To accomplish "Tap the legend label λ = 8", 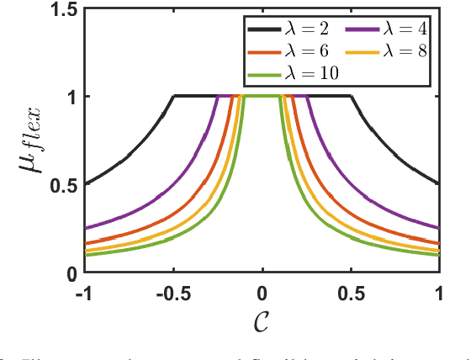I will (402, 51).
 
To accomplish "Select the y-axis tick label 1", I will (71, 97).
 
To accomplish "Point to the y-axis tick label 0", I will (71, 273).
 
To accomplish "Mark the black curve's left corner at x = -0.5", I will (174, 96).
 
